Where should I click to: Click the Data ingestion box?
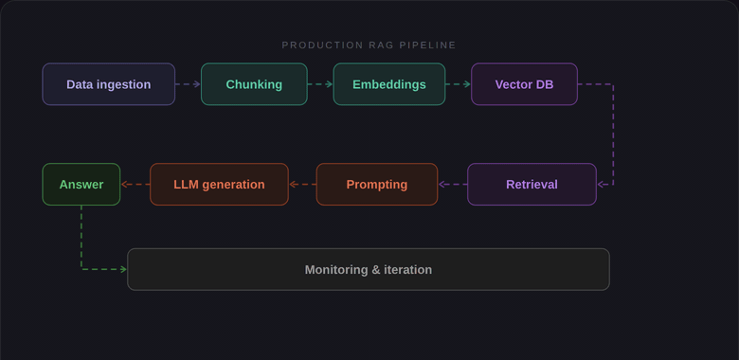coord(108,84)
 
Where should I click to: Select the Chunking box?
coord(254,84)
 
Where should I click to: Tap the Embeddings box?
coord(388,84)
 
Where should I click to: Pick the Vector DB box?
coord(524,84)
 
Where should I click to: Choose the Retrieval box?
coord(532,185)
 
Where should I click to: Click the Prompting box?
coord(376,185)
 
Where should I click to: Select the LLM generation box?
coord(219,185)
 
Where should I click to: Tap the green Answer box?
coord(81,185)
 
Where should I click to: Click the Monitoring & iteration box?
coord(368,270)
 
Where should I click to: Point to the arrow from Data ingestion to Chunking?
coord(188,84)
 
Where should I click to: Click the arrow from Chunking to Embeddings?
coord(320,84)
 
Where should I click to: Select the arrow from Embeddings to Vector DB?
coord(458,84)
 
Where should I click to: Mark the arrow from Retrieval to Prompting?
coord(453,185)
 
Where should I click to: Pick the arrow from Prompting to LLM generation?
coord(302,185)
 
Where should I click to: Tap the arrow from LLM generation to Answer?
coord(135,185)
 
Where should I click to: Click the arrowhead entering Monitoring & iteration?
coord(123,270)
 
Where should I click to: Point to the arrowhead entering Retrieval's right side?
coord(601,185)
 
